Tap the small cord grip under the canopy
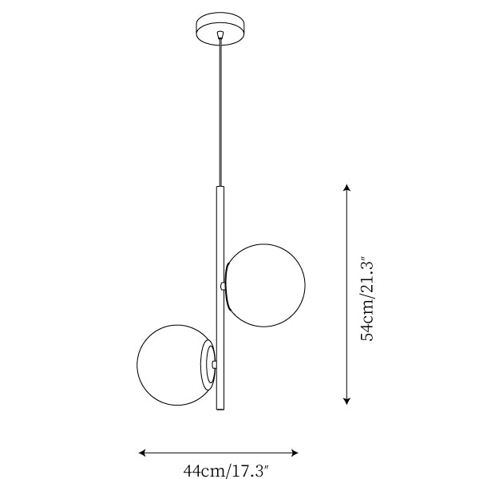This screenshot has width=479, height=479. [x=220, y=34]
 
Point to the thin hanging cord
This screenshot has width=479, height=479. [x=220, y=113]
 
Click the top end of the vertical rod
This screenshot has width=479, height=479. [x=220, y=186]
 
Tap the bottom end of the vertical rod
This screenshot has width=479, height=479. [x=220, y=410]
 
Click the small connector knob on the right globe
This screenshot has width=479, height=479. [x=223, y=286]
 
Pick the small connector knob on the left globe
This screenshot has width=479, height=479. [x=215, y=364]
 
